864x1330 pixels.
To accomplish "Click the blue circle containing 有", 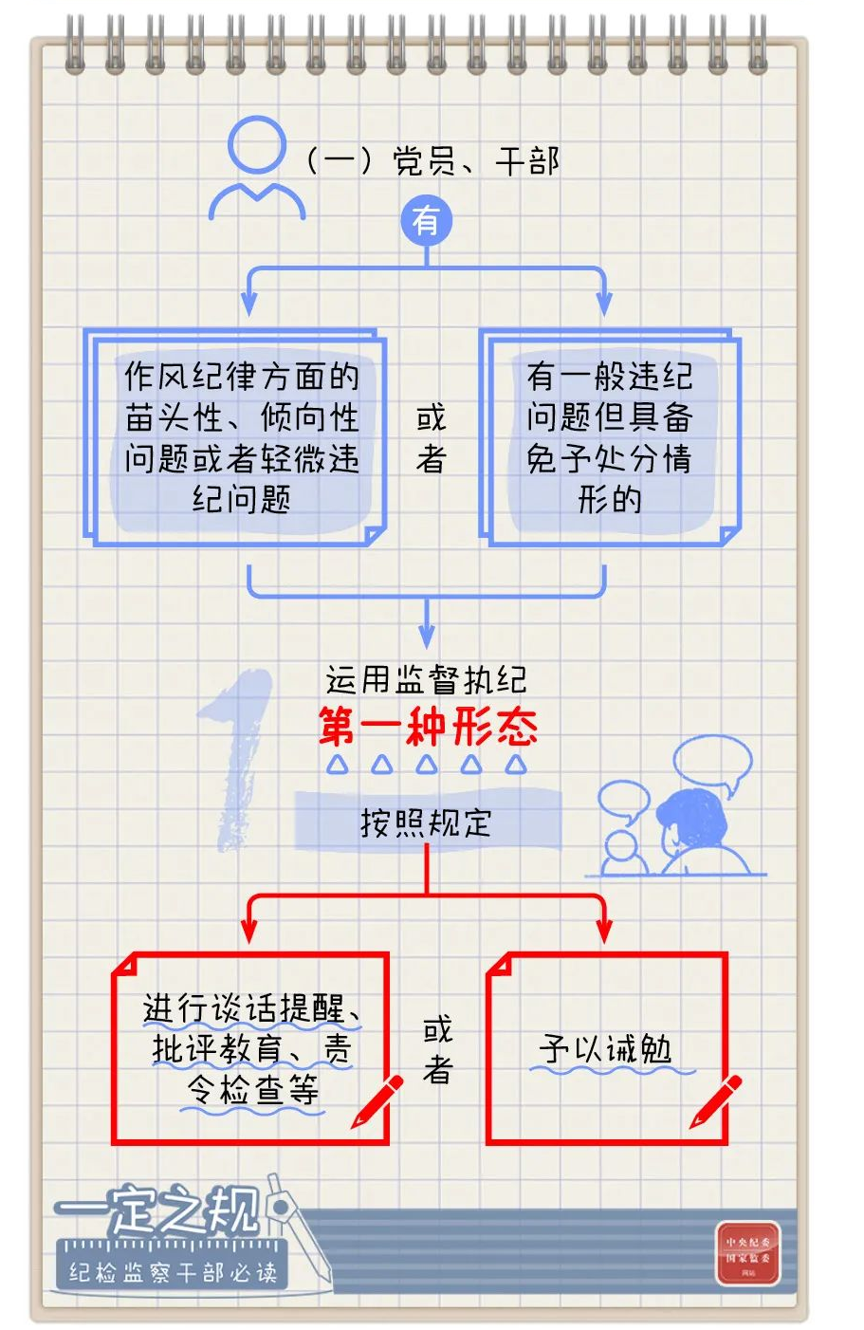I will [x=426, y=222].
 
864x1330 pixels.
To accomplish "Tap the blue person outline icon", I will [x=256, y=170].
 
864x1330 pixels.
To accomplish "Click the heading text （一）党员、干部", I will [x=432, y=161].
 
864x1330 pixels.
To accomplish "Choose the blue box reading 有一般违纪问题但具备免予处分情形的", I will [x=610, y=437].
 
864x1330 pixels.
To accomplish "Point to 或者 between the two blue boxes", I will [x=431, y=438].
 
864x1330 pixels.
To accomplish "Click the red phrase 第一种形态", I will [x=428, y=728].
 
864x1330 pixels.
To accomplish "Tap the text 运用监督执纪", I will [x=426, y=679].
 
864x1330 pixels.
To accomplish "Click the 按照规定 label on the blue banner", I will [x=426, y=822].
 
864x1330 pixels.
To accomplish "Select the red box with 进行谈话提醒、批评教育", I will [x=250, y=1048].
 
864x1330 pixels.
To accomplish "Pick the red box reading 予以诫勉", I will [x=607, y=1048].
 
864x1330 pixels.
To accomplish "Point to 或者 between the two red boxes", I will [x=437, y=1049].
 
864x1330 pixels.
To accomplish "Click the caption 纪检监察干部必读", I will [x=173, y=1272].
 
